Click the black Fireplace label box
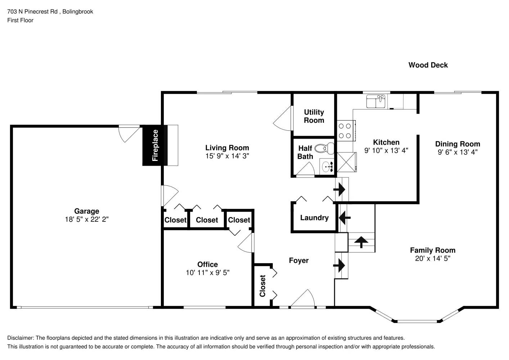click(x=155, y=145)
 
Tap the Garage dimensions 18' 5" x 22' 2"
click(x=86, y=219)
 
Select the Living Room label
click(x=227, y=148)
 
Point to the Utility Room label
click(x=314, y=116)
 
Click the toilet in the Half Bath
click(x=324, y=148)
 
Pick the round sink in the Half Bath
click(x=327, y=167)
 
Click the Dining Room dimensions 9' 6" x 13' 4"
click(x=458, y=152)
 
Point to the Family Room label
click(x=432, y=250)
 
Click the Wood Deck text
click(x=428, y=65)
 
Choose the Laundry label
click(x=314, y=218)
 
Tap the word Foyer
click(x=298, y=260)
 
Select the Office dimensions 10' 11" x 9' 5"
click(x=207, y=273)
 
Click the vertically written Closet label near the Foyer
click(x=262, y=286)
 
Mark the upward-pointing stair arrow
click(x=361, y=242)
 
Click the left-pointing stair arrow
click(x=345, y=217)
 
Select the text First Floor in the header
click(x=20, y=20)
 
